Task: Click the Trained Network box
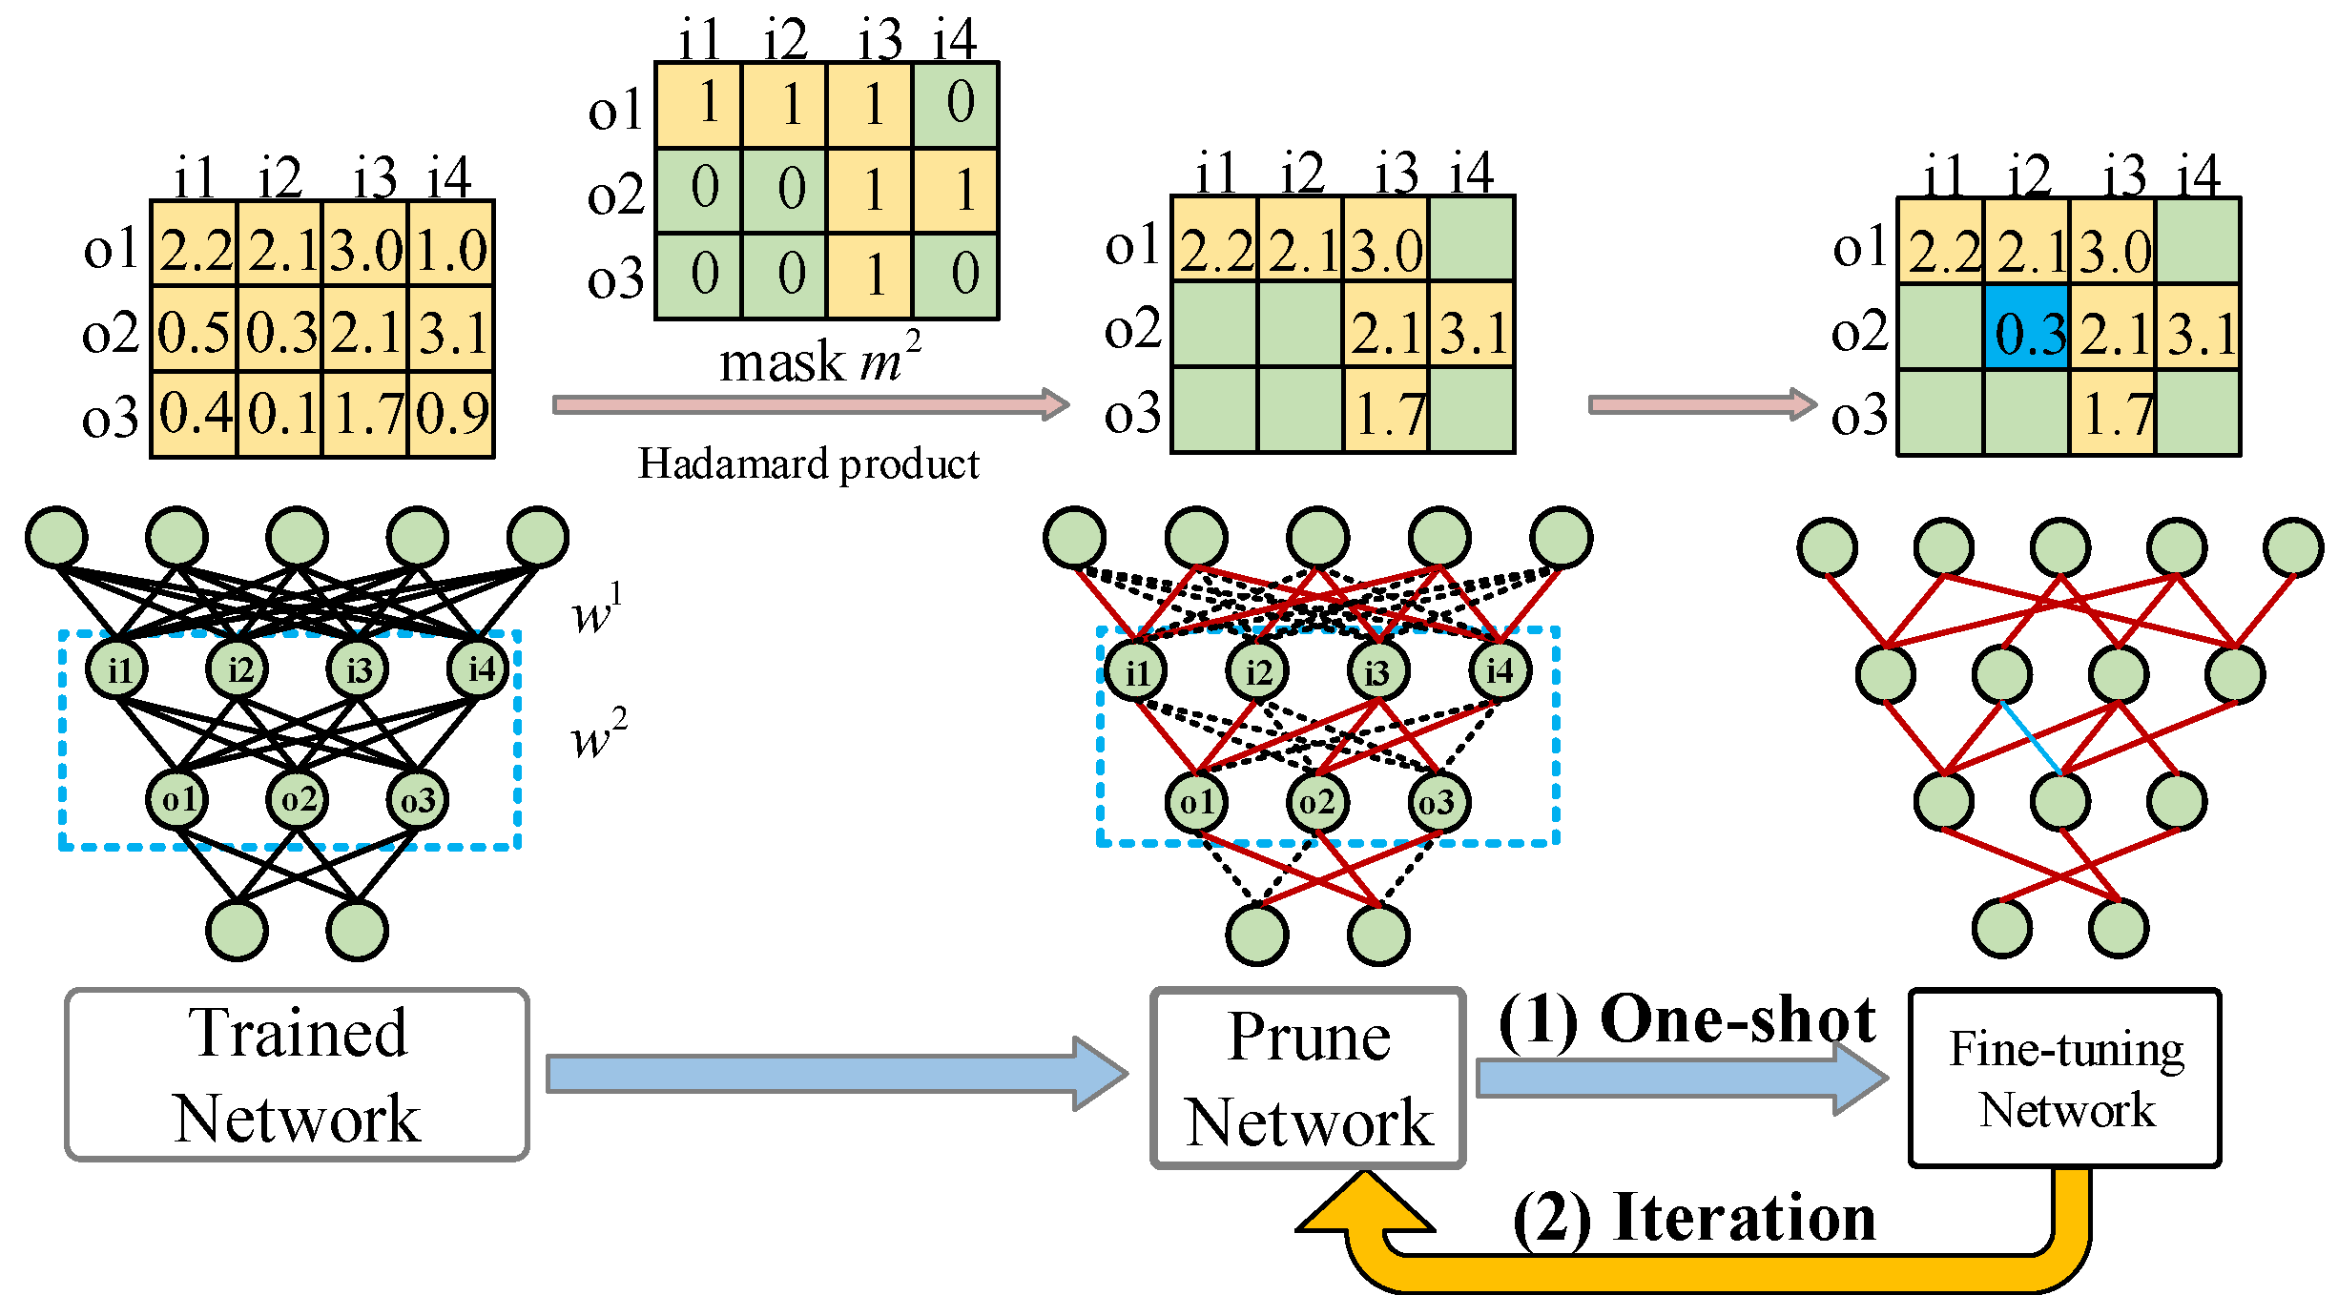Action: (x=297, y=1075)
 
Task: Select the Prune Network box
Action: (x=1308, y=1078)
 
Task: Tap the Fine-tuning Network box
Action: (x=2065, y=1078)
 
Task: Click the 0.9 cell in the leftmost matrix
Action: (x=451, y=414)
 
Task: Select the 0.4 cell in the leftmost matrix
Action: (x=195, y=414)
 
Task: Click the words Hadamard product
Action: (x=808, y=463)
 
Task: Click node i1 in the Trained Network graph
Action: (x=116, y=669)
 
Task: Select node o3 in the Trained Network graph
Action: (x=417, y=799)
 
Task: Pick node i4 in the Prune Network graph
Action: (x=1499, y=670)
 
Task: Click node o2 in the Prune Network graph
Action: (x=1317, y=802)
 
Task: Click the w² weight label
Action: (x=599, y=733)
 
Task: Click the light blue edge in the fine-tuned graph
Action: (x=2031, y=737)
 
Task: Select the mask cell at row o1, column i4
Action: (x=956, y=104)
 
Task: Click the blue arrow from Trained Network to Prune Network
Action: (x=838, y=1074)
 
